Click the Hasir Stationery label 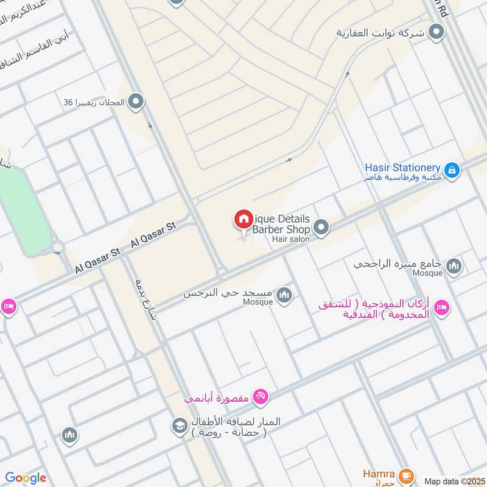(402, 167)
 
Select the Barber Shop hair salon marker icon (322, 228)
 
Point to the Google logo (26, 478)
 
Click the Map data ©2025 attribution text (454, 481)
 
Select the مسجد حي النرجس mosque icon (284, 296)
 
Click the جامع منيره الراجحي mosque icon (454, 266)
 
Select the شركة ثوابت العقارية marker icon (436, 32)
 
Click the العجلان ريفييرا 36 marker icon (136, 102)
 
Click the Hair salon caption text (291, 239)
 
